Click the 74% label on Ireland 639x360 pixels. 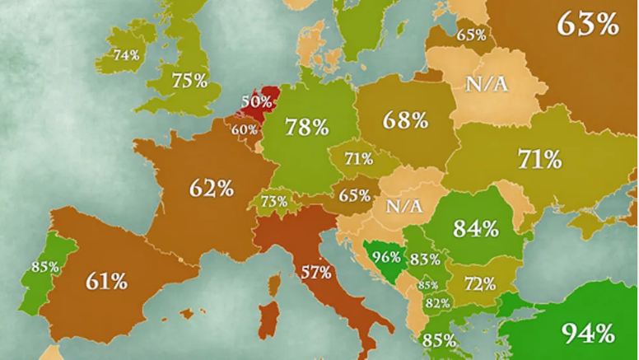(x=126, y=56)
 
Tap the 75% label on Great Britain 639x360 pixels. (x=189, y=81)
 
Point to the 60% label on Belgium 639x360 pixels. (x=245, y=129)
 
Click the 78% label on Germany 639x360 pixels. (x=306, y=127)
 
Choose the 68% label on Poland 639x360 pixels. (x=405, y=119)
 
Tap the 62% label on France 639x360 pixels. (x=212, y=188)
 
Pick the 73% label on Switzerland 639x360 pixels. (x=273, y=201)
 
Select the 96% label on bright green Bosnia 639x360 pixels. (x=386, y=255)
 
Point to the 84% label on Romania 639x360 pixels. (x=476, y=227)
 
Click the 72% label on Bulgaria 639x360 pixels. (x=479, y=285)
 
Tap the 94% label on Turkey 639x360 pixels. (x=588, y=334)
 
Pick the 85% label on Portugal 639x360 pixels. (x=44, y=267)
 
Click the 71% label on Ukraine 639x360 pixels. (x=539, y=158)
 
